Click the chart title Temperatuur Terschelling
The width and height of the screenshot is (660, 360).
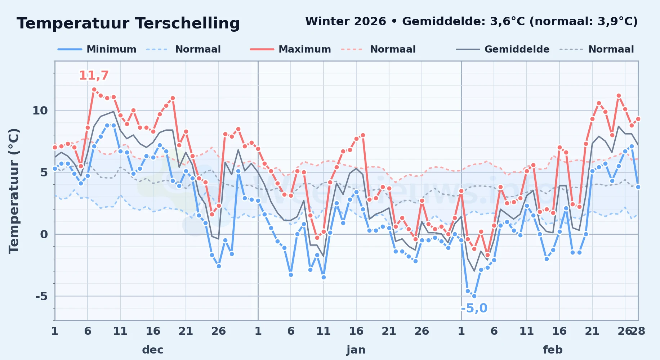128,23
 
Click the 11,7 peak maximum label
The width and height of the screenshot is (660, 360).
94,76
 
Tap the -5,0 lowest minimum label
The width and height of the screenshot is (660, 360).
474,308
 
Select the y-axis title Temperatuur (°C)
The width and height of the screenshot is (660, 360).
14,191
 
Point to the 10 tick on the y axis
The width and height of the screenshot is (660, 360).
40,111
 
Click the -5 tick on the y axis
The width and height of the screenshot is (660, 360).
41,296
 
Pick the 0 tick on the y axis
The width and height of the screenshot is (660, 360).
44,234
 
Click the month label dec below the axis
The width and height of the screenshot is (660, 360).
153,350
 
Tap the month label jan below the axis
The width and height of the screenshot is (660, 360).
356,350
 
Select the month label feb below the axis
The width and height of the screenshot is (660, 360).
553,350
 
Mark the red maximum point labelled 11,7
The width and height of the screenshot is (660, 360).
94,90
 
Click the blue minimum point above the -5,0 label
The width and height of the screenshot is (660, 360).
474,296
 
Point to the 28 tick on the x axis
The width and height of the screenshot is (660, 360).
638,331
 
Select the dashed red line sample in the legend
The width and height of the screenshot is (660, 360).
352,49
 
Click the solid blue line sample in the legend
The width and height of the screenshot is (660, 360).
70,49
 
